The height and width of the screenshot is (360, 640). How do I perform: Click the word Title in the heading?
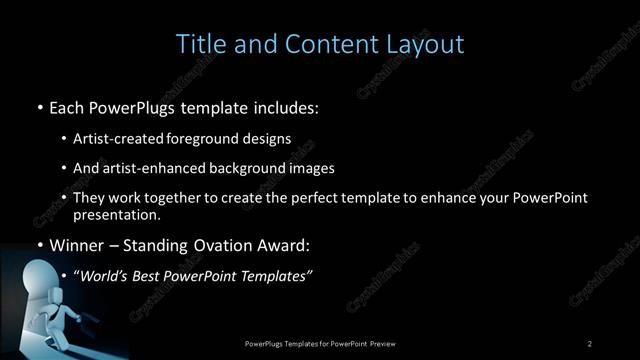click(x=198, y=44)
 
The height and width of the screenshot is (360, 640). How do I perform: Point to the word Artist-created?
click(x=114, y=138)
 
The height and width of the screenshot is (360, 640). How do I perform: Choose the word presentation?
click(x=116, y=214)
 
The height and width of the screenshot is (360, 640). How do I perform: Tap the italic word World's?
click(x=105, y=275)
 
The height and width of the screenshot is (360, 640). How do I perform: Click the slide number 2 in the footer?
click(x=590, y=344)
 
